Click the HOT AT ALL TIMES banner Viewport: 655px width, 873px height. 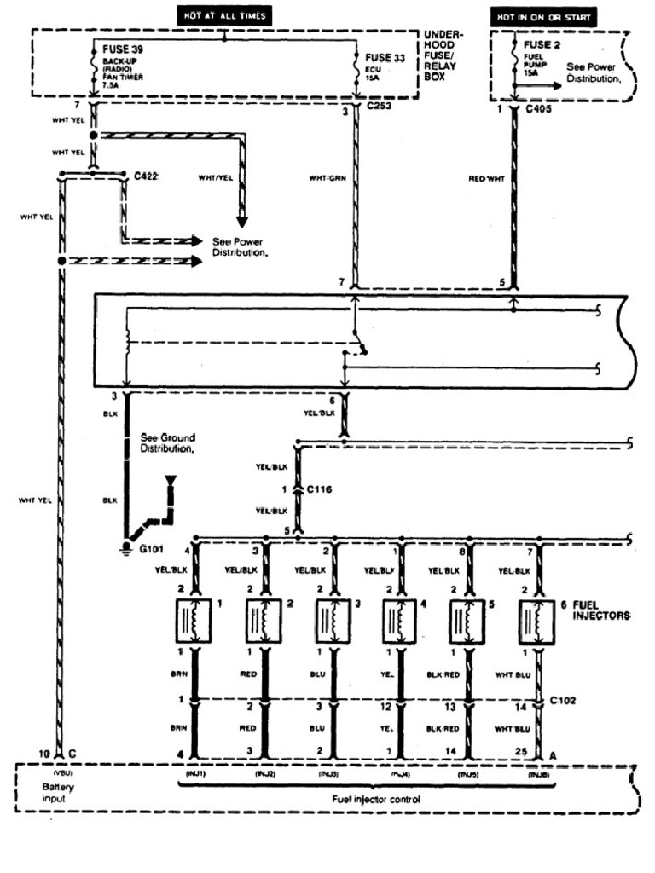[224, 15]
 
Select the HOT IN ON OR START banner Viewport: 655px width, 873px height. [542, 16]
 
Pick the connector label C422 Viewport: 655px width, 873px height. [148, 175]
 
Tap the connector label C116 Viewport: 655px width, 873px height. [322, 489]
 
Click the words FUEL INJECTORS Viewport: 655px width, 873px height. [601, 609]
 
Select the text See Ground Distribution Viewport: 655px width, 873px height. [167, 442]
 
